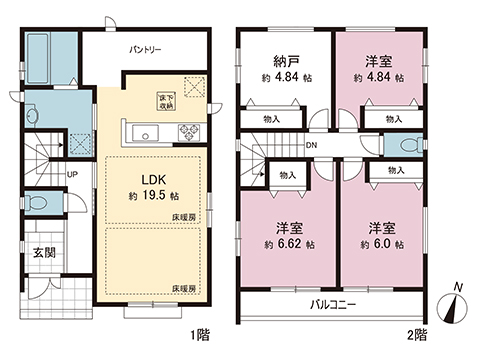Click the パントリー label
click(146, 48)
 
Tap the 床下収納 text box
click(166, 100)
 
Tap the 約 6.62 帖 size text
click(288, 243)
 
